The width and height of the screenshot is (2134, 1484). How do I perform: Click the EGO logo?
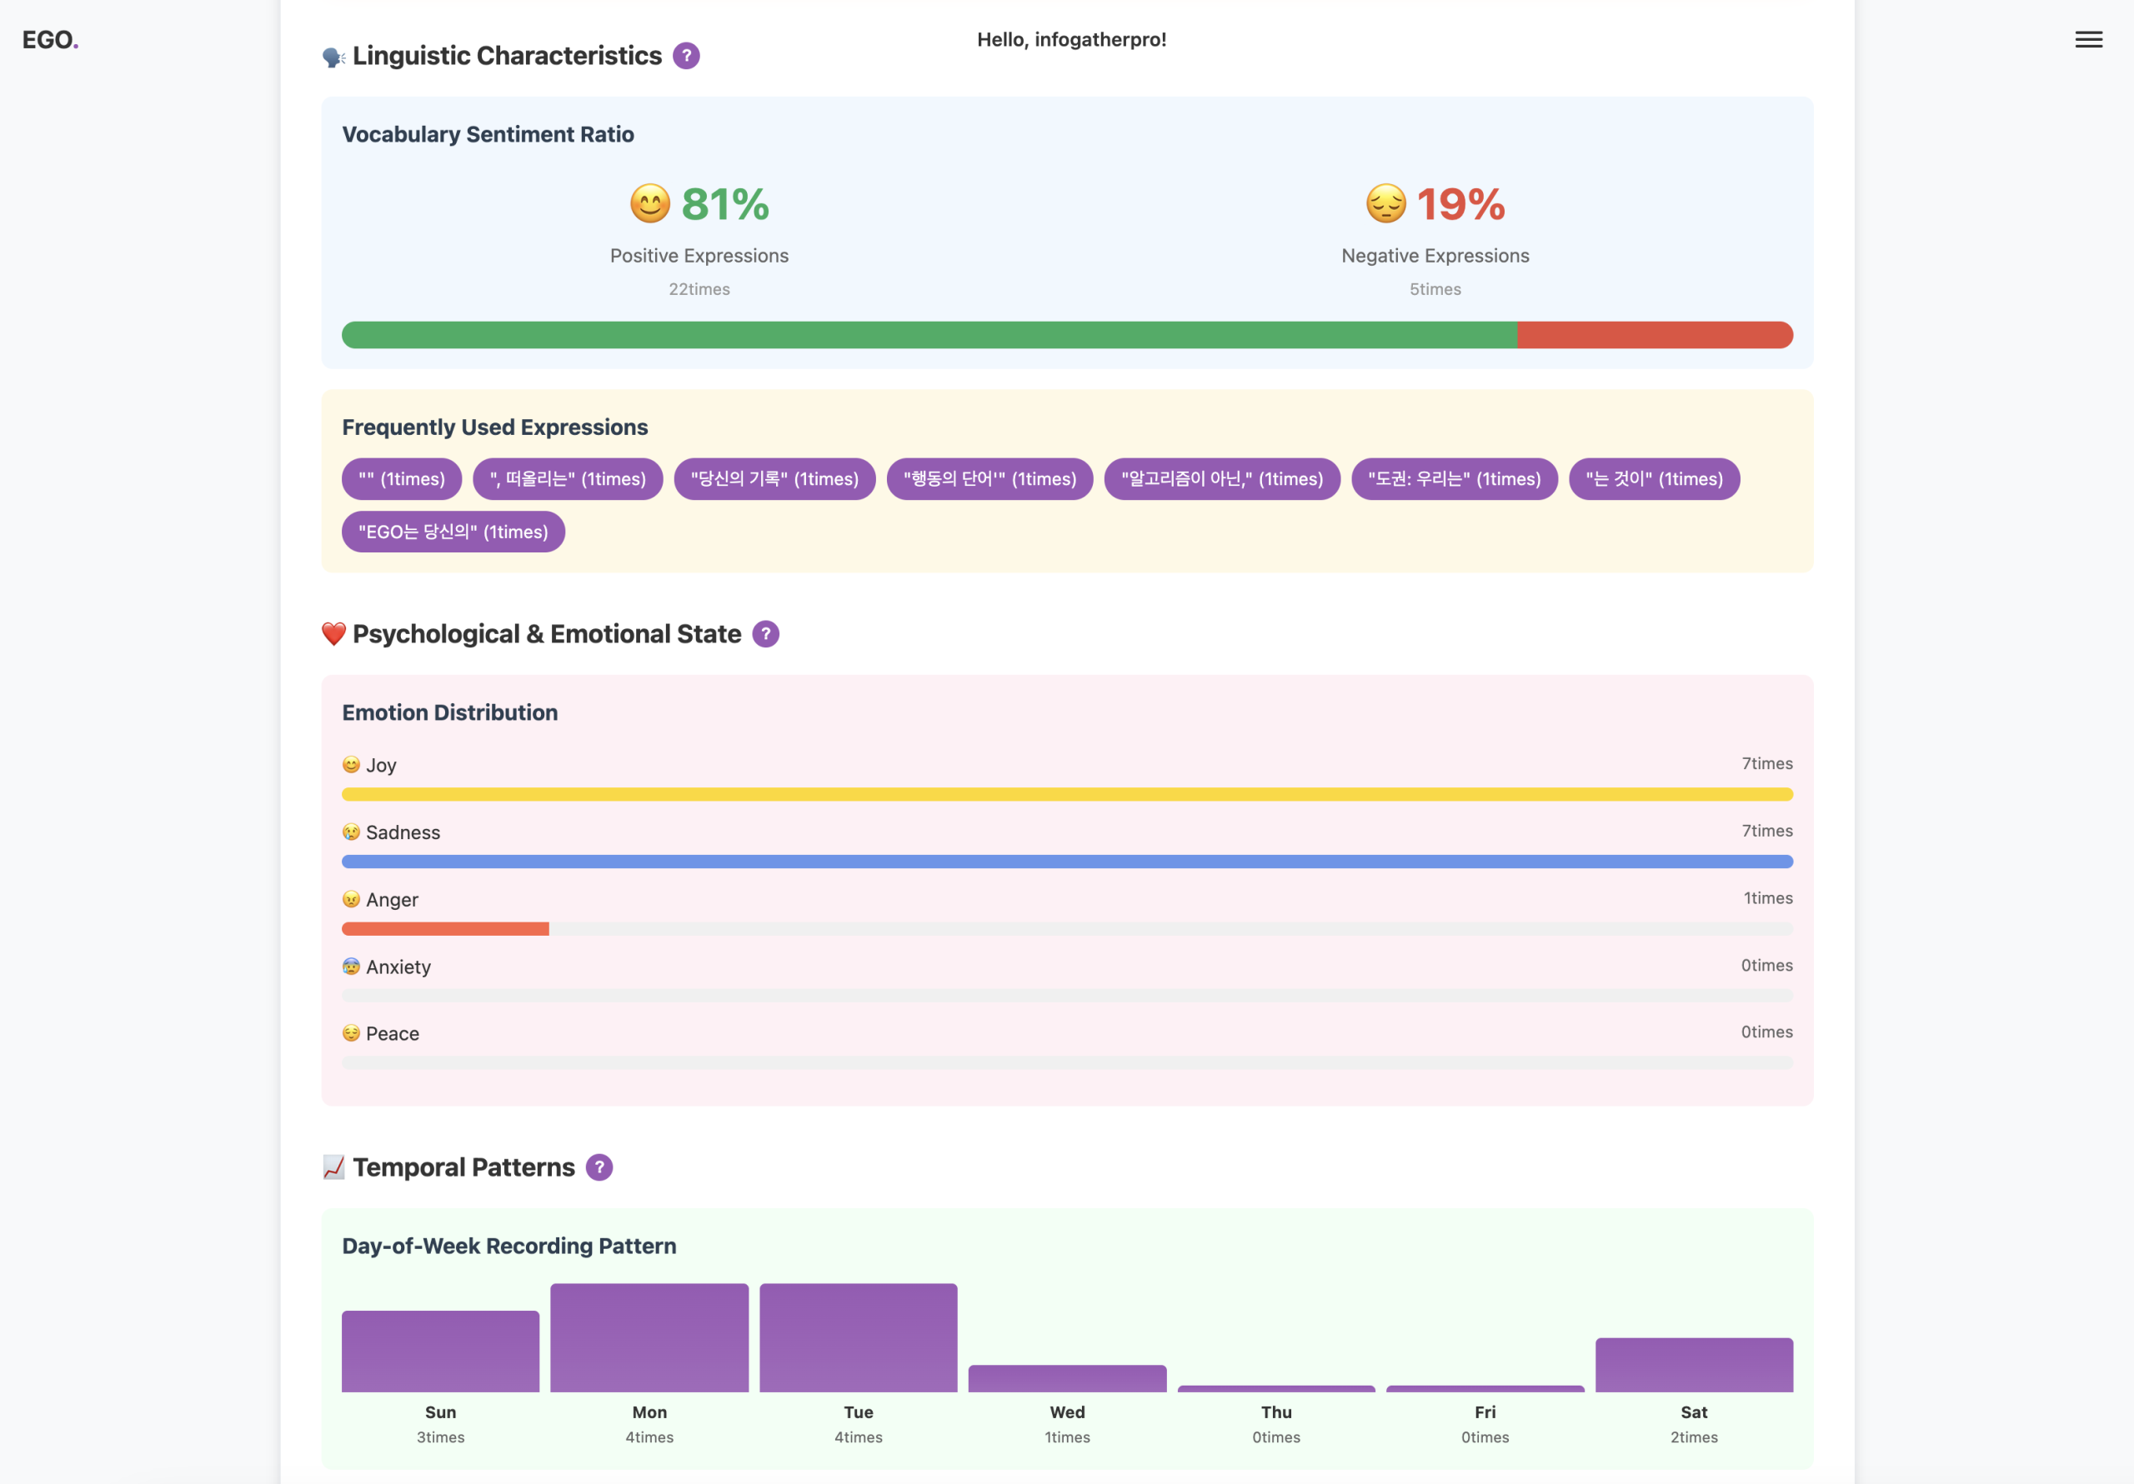click(x=49, y=40)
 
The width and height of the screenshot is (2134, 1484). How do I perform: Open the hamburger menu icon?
click(x=2088, y=40)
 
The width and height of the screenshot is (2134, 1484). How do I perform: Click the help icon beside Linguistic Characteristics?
click(x=686, y=56)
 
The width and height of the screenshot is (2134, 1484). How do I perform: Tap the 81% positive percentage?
click(x=725, y=204)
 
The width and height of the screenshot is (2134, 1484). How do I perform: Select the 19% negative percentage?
click(x=1460, y=204)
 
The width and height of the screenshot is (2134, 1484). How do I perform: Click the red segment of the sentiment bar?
click(x=1655, y=334)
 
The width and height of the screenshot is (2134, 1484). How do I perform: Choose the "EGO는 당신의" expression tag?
click(x=453, y=532)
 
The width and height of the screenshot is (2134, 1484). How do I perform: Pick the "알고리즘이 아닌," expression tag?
click(x=1221, y=478)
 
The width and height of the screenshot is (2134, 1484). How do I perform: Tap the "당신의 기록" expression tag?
click(x=774, y=478)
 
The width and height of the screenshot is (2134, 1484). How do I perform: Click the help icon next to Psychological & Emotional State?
click(x=765, y=634)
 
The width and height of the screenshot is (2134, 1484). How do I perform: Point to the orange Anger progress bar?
click(x=445, y=928)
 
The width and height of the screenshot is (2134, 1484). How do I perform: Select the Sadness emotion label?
click(x=403, y=832)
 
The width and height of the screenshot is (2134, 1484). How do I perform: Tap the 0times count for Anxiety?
click(x=1766, y=966)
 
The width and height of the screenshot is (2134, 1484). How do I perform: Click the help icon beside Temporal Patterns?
click(x=599, y=1167)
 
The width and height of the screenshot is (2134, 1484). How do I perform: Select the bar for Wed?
click(x=1067, y=1378)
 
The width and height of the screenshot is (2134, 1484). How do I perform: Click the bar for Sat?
click(x=1693, y=1364)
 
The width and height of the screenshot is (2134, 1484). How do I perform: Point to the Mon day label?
click(x=649, y=1412)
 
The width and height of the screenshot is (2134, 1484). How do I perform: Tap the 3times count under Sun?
click(x=441, y=1437)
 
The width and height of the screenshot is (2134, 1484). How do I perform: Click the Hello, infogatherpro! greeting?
click(x=1070, y=40)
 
